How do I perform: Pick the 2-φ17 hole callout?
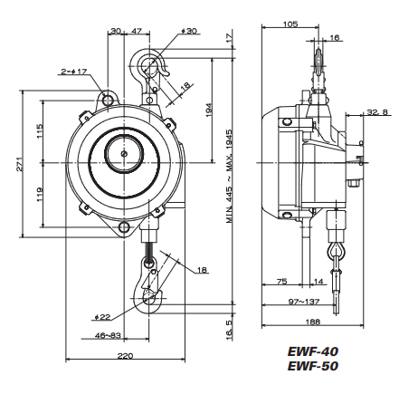point(73,70)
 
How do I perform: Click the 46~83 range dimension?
point(109,336)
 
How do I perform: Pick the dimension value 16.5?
point(231,322)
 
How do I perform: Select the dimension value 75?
point(281,282)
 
